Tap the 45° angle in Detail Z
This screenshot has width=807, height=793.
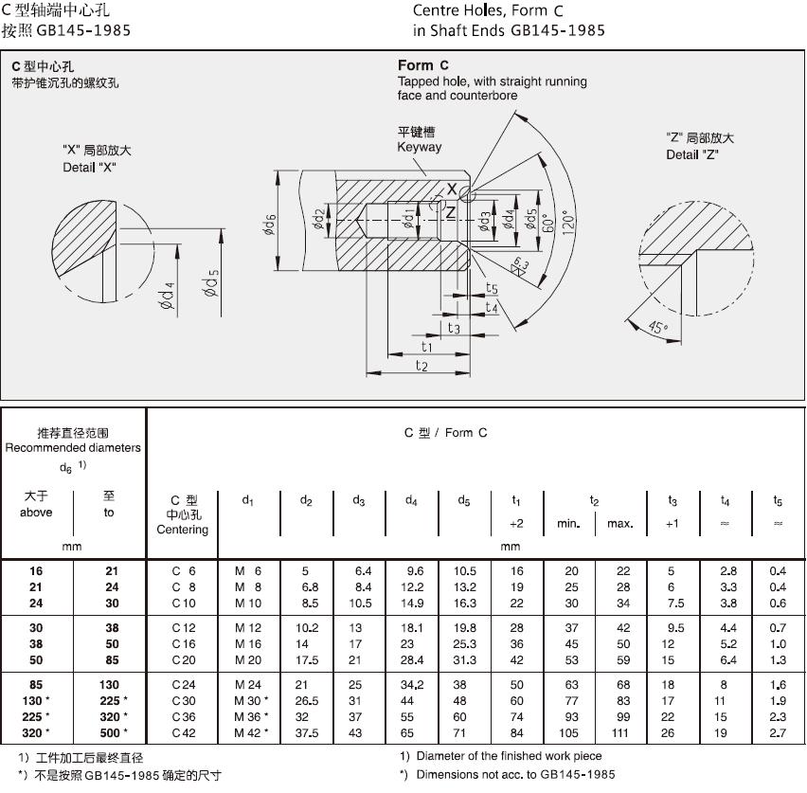point(658,328)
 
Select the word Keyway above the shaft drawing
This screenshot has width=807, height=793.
point(419,148)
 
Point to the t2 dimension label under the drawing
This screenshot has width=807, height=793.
point(421,366)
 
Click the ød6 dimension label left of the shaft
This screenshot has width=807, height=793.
point(270,225)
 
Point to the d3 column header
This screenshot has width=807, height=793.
point(358,500)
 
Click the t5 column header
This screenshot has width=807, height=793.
point(778,500)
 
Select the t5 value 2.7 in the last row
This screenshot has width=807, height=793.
point(778,733)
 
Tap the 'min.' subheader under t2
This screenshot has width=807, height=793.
point(568,523)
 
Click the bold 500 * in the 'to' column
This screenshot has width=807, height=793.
point(112,733)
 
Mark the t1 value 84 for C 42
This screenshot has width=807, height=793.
point(517,733)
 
